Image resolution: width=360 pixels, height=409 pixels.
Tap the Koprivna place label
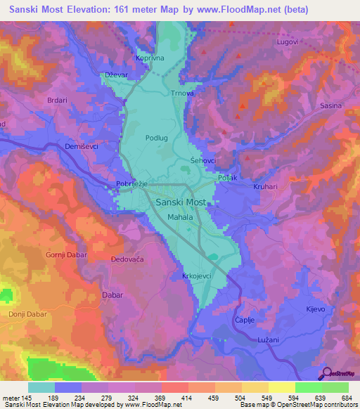point(149,59)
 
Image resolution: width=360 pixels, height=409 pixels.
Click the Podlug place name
point(156,138)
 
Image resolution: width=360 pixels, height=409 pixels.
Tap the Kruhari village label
point(267,187)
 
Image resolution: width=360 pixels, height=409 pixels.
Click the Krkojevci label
point(198,277)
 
